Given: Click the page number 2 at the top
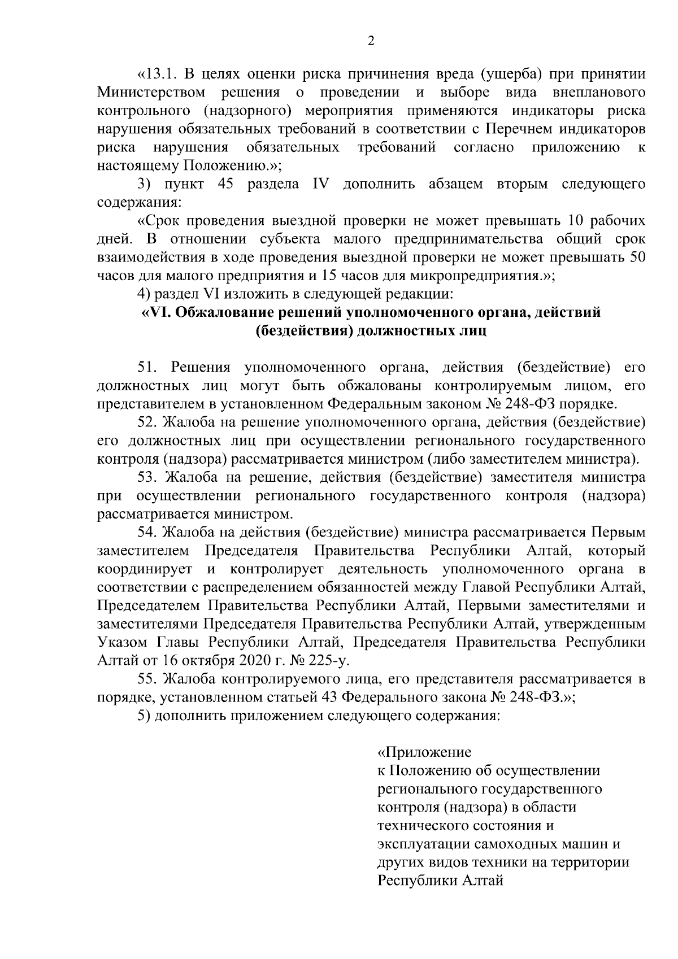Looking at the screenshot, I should [x=371, y=40].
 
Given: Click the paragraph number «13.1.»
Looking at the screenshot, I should [x=158, y=74].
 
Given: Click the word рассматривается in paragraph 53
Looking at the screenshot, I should [x=152, y=514].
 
